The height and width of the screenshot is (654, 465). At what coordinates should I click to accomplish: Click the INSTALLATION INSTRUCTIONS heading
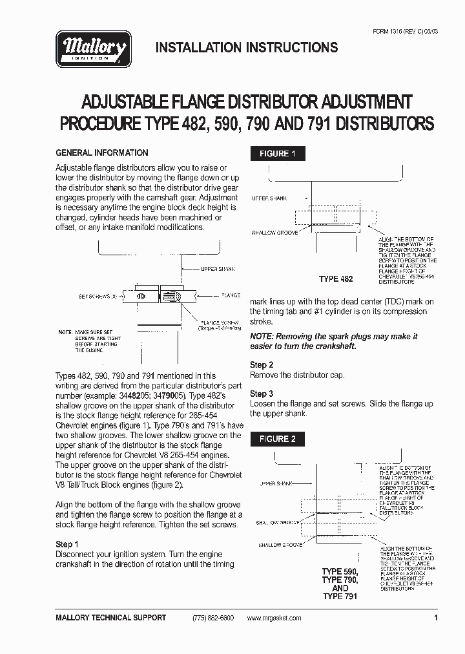pos(247,47)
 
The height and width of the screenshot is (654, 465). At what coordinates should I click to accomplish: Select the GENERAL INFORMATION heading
pos(102,153)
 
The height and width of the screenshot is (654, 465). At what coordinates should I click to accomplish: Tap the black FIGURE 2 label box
pos(278,439)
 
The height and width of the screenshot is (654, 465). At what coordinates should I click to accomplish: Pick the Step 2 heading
pos(262,364)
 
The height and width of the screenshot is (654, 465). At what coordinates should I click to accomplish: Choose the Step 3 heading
pos(262,394)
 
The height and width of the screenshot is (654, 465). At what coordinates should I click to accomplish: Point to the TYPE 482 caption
pos(336,279)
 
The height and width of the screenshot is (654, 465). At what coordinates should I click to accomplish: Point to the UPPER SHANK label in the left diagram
pos(218,268)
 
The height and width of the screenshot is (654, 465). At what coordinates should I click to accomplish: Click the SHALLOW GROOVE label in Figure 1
pos(273,231)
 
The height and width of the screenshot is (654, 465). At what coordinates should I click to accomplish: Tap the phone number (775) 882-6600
pos(213,618)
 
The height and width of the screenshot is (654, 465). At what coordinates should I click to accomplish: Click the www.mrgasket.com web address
pos(274,618)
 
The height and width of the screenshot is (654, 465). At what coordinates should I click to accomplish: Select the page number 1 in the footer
pos(437,618)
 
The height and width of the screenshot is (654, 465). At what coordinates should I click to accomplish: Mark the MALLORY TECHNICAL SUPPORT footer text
pos(111,618)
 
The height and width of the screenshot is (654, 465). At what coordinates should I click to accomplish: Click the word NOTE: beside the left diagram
pos(65,332)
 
